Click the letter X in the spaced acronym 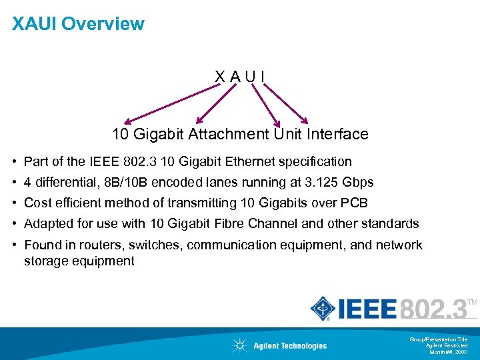(219, 77)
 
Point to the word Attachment (229, 134)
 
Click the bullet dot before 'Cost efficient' (15, 203)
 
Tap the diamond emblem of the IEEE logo (323, 309)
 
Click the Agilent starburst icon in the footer (239, 345)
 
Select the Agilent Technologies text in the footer (290, 345)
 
